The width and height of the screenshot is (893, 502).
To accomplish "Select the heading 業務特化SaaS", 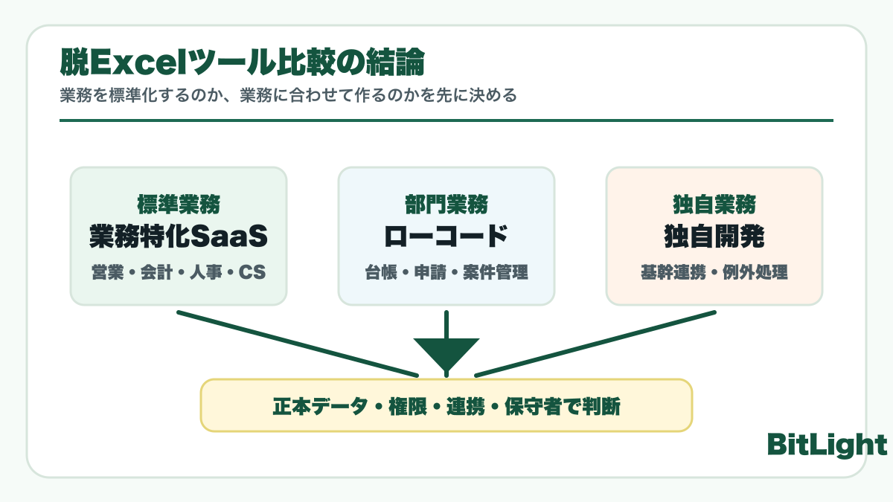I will click(178, 236).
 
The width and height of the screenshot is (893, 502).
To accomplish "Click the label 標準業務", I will click(178, 204).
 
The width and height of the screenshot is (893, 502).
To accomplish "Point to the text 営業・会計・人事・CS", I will click(178, 272).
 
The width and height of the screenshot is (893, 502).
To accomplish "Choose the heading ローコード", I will click(446, 236).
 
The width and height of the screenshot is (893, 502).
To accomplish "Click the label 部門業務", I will click(446, 204).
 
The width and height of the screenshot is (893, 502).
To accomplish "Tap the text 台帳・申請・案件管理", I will click(446, 272).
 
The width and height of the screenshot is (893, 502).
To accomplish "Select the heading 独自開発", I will click(714, 236).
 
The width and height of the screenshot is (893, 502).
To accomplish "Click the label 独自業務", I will click(714, 204).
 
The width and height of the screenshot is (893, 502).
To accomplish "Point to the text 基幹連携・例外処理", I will click(714, 272).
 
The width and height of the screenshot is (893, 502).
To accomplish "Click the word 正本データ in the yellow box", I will click(320, 407).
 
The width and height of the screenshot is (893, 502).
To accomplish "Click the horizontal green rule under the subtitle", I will click(446, 120).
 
